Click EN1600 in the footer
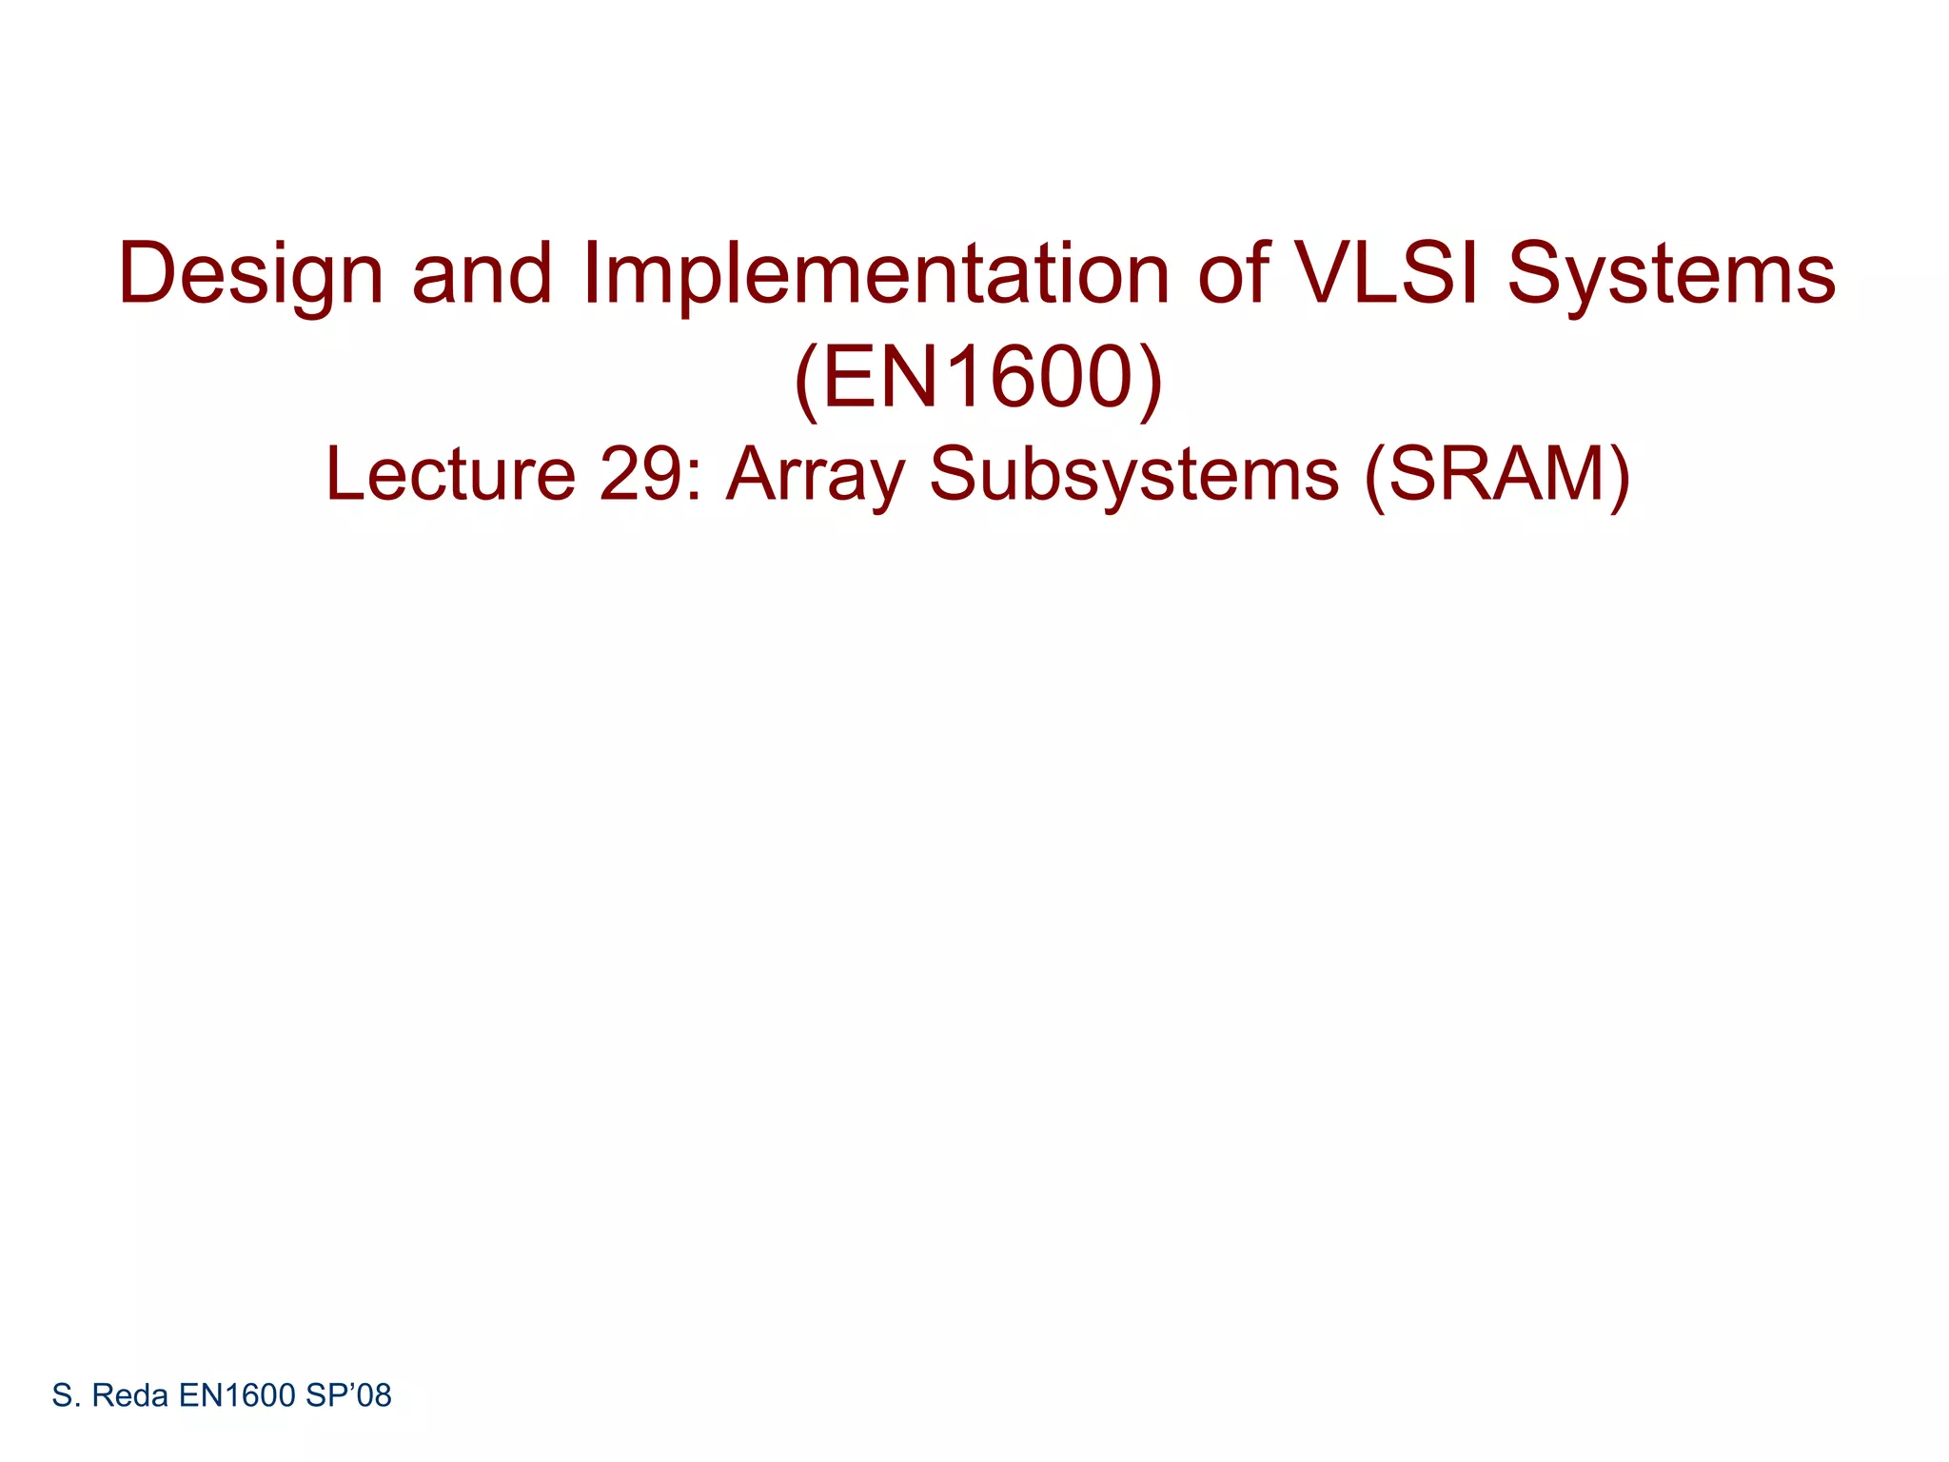click(237, 1395)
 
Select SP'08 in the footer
click(348, 1395)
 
